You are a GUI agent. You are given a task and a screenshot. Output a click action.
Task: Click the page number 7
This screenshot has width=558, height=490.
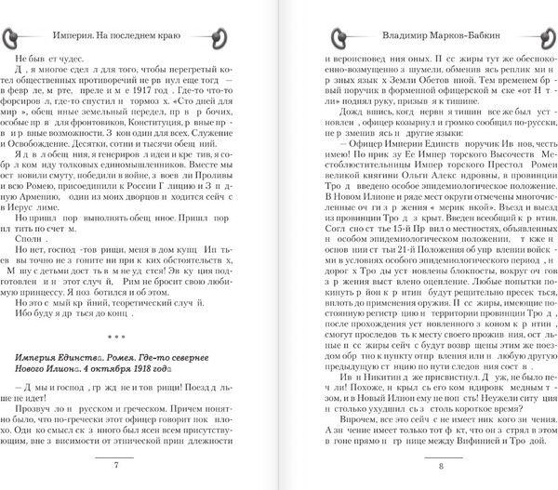[x=141, y=465]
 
